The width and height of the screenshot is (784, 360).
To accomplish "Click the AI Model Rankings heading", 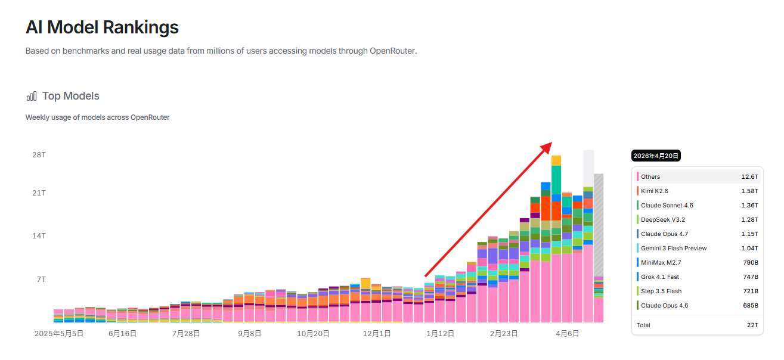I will (x=102, y=27).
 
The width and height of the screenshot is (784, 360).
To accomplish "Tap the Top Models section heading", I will (x=70, y=96).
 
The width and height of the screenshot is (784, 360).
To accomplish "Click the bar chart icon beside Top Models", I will (x=32, y=97).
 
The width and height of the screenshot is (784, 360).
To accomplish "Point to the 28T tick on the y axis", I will (x=39, y=155).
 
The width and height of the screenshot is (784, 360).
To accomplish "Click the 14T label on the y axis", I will (x=39, y=236).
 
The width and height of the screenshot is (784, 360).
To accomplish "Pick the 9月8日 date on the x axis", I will (x=250, y=334).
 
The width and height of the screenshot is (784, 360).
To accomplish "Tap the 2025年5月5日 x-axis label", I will (x=59, y=334).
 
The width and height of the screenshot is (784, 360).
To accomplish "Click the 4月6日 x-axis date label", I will (x=568, y=334).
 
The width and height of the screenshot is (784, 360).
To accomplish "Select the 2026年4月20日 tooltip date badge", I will (x=656, y=156).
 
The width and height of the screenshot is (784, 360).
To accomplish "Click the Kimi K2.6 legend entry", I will (x=654, y=191).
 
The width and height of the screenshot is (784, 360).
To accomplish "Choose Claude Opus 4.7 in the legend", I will (x=664, y=234).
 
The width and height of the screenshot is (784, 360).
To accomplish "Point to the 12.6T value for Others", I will (x=749, y=176).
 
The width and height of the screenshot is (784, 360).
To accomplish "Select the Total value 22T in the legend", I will (x=752, y=325).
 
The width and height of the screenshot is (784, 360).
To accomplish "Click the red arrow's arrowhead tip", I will (x=550, y=144).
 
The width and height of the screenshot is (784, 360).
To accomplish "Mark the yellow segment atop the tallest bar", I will (x=556, y=160).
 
